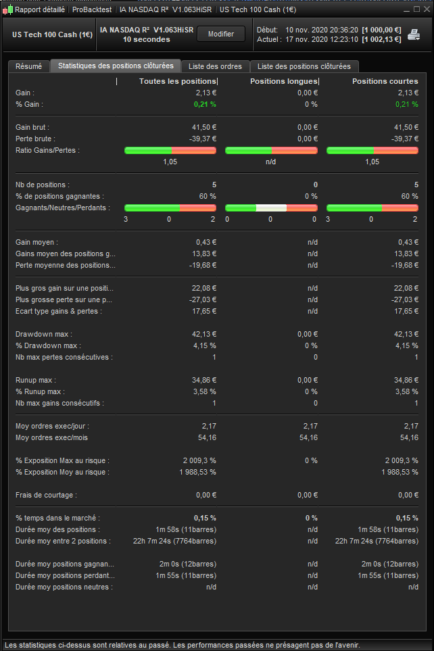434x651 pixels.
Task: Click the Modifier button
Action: click(x=221, y=34)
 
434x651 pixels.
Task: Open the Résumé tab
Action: click(x=28, y=66)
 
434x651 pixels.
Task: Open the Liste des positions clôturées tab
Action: click(x=304, y=66)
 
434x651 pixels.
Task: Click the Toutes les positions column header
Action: click(x=178, y=81)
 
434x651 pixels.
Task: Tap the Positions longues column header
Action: click(x=283, y=81)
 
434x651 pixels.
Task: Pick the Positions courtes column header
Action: click(x=385, y=81)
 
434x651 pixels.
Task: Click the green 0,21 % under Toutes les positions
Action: click(x=205, y=104)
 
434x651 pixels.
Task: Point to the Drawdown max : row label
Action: click(x=44, y=334)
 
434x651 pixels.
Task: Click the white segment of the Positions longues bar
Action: click(x=271, y=208)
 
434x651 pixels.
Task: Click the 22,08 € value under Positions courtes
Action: click(x=406, y=288)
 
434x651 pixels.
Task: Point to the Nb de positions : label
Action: click(x=43, y=185)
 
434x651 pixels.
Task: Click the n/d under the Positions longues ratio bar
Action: click(x=271, y=162)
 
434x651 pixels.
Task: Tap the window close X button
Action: click(x=426, y=9)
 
